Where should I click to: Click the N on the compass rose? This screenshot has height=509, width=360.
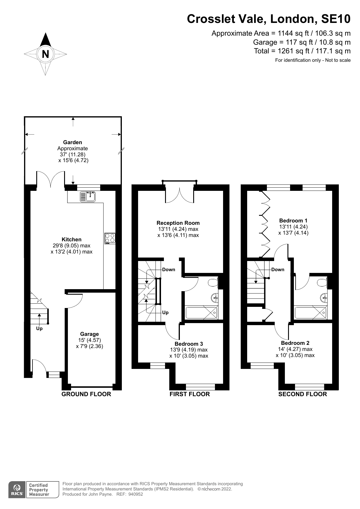pos(45,54)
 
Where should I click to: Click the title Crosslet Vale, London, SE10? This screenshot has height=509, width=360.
pos(268,19)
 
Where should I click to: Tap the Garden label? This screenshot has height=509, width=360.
pos(73,142)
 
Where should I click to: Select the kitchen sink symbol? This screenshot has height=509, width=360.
pos(88,197)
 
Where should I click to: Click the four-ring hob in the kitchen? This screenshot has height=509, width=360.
pos(110,238)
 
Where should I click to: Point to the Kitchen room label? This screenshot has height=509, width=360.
pos(71,239)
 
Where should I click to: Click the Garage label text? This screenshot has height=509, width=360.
pos(89,334)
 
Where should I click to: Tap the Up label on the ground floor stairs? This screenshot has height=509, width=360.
pos(39,328)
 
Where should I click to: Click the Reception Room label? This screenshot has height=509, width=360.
pos(178,223)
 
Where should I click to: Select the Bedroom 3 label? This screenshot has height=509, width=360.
pos(189,344)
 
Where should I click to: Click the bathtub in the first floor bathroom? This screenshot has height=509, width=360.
pos(201,313)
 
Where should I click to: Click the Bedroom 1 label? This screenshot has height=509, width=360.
pos(293,220)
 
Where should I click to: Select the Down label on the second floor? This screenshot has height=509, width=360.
pos(278,269)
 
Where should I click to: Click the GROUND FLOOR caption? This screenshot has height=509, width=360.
pos(86,394)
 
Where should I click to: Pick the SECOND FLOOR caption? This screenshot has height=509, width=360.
pos(302,394)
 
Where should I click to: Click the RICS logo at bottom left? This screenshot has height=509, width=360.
pos(17,490)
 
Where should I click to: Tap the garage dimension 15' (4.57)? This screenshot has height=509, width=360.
pos(89,340)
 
